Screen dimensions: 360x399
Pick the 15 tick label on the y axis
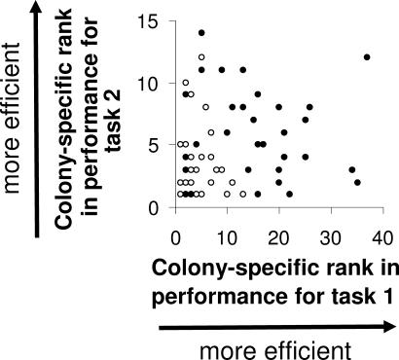148,20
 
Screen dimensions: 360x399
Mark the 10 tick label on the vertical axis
148,83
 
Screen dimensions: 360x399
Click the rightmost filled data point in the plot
367,57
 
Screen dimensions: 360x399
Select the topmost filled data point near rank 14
201,32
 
